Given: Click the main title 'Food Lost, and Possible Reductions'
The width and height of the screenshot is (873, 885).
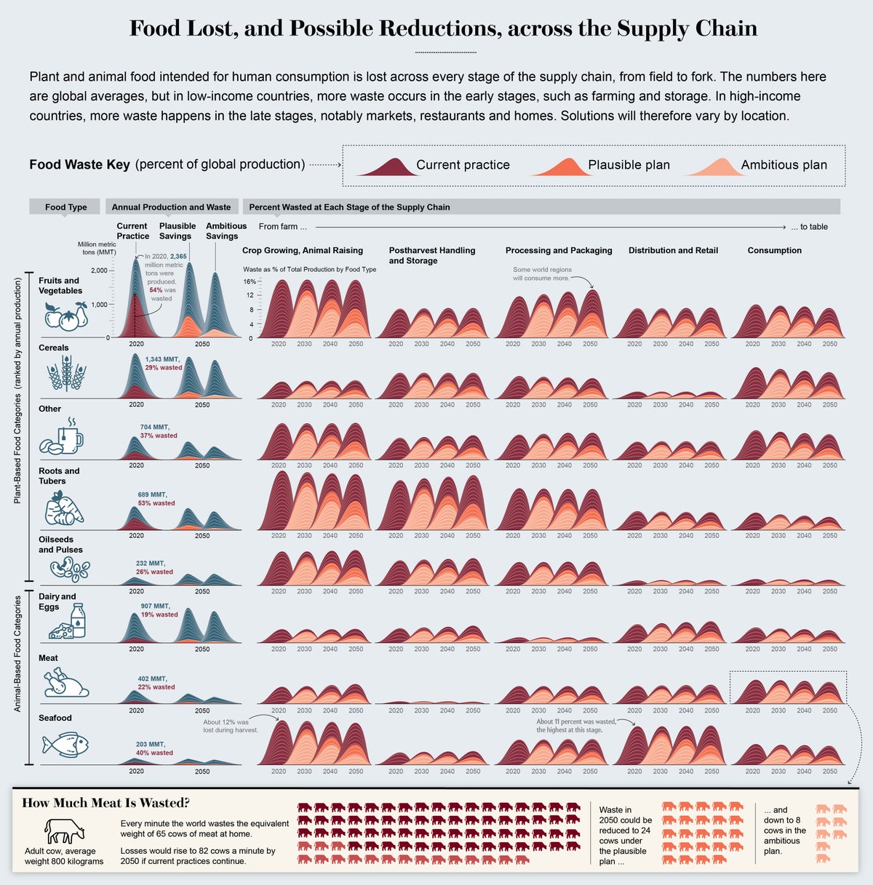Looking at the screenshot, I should pos(443,29).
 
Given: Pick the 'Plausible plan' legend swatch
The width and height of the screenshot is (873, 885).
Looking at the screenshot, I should pos(559,167).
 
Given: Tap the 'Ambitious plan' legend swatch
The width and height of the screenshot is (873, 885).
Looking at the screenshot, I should pos(711,167).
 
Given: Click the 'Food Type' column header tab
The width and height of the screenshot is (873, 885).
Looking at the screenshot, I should pos(65,207).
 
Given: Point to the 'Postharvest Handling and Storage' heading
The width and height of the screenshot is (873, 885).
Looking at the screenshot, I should pos(431,255).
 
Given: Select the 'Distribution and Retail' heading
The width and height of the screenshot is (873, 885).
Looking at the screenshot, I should pos(673,250).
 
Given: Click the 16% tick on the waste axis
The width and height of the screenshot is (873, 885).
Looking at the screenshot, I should pos(250,281).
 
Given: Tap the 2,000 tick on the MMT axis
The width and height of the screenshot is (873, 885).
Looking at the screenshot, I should pos(99,271).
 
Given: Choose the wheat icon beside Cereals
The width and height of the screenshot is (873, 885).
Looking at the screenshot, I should pos(66,375).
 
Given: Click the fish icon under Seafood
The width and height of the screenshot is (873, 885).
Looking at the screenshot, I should pos(65,744).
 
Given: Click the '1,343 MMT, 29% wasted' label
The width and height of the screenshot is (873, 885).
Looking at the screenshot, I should pos(164,364).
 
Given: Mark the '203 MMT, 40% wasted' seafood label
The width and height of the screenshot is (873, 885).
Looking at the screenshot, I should pos(154,748).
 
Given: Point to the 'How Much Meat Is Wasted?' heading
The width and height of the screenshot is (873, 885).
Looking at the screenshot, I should pos(106,803).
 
